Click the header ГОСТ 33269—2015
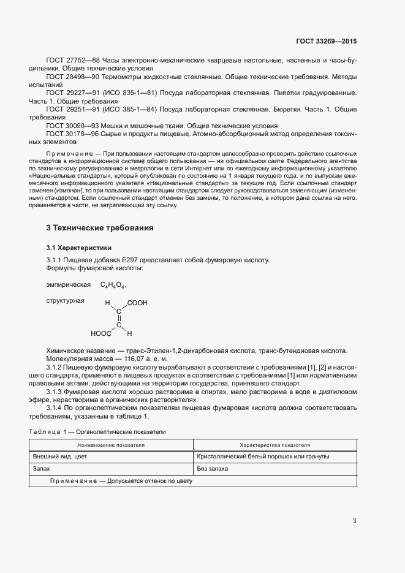coord(325,42)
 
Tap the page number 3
coord(354,521)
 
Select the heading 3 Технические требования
coord(100,228)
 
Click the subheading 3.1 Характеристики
coord(79,248)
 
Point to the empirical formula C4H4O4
coord(113,286)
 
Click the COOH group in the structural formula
coord(137,303)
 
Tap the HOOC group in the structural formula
coord(100,334)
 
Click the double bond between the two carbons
coord(119,318)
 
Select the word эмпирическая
coord(68,285)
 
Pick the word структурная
coord(65,300)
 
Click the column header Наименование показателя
coord(111,446)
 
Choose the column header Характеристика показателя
coord(274,446)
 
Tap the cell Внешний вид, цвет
coord(60,457)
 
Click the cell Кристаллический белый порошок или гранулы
coord(263,457)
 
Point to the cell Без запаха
coord(212,468)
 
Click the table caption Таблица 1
coord(50,432)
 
